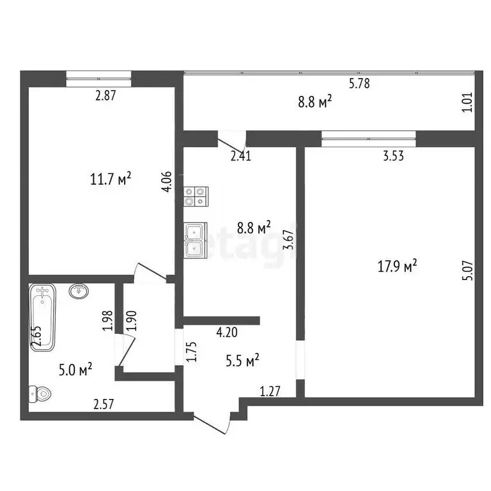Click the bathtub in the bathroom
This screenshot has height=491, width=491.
(x=43, y=317)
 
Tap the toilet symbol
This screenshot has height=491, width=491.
(x=39, y=393)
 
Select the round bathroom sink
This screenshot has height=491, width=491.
(x=78, y=292)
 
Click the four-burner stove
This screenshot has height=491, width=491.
(x=196, y=196)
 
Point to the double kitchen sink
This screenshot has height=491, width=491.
(x=195, y=240)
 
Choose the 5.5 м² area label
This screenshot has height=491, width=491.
(x=244, y=361)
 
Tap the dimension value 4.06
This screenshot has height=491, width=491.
(x=166, y=181)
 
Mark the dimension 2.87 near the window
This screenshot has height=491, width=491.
(x=106, y=96)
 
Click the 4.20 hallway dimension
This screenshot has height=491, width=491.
(x=228, y=332)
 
